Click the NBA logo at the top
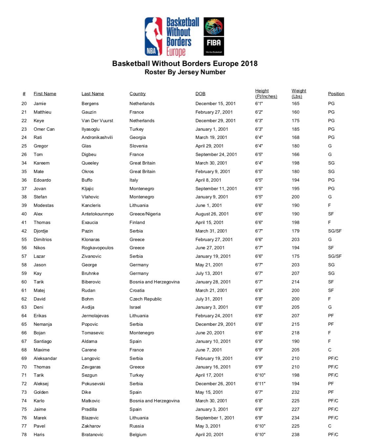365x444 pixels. [154, 37]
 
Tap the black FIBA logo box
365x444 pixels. [214, 36]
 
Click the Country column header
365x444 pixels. [138, 94]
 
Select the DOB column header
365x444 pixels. [200, 94]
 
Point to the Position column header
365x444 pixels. [336, 94]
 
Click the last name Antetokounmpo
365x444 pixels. [97, 214]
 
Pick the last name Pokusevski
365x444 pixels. [93, 384]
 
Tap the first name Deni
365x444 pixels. [38, 307]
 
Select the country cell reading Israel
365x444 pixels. [135, 307]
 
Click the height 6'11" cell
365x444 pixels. [260, 384]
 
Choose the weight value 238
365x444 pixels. [295, 434]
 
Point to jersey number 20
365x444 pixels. [24, 103]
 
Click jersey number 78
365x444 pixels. [24, 434]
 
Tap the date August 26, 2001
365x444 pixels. [212, 214]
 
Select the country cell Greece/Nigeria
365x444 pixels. [145, 214]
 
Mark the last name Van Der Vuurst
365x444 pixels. [97, 121]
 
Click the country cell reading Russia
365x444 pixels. [137, 426]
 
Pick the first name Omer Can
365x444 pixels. [44, 129]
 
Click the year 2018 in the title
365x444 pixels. [249, 64]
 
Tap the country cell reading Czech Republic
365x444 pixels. [145, 299]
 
